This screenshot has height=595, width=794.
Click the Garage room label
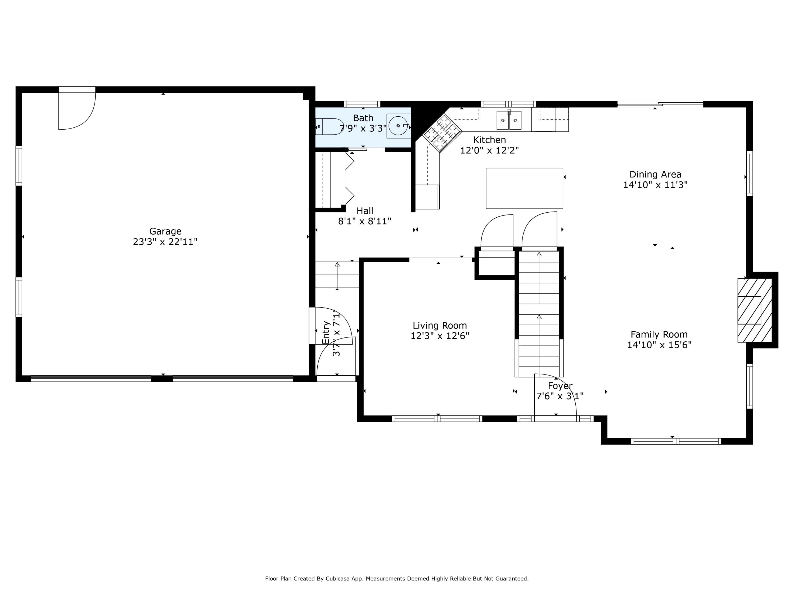(165, 231)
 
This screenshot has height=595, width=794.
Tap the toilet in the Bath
(330, 127)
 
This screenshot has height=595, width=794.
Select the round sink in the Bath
(398, 126)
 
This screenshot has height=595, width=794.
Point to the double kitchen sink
(509, 120)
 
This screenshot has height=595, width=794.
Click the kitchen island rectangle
(524, 188)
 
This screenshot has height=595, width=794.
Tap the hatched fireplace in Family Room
(755, 310)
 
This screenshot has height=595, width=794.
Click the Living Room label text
(440, 326)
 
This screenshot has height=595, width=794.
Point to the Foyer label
(560, 386)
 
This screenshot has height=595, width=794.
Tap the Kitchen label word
(489, 140)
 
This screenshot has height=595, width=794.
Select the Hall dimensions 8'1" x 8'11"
(365, 221)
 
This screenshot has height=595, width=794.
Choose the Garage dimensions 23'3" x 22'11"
(165, 242)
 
